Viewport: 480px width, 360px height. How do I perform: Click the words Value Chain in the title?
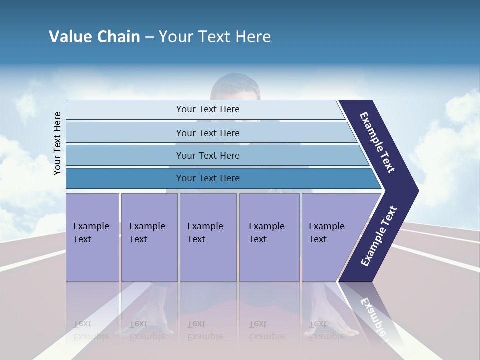tap(94, 36)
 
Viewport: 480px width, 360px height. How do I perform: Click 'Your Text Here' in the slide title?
tap(214, 36)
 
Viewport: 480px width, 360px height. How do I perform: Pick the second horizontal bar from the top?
tap(208, 133)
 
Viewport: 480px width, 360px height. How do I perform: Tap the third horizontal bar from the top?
tap(208, 155)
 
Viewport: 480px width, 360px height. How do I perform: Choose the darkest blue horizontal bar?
tap(208, 178)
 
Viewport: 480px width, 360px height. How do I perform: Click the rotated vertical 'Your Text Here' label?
tap(57, 143)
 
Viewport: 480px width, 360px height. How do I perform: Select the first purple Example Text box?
tap(92, 237)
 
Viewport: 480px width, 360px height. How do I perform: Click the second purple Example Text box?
tap(149, 237)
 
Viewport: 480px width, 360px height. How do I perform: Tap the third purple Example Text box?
tap(208, 237)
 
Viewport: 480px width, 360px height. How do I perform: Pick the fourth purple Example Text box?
tap(269, 237)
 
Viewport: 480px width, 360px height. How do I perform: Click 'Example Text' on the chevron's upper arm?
tap(377, 143)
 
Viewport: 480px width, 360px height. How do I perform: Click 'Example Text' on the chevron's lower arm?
tap(378, 236)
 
